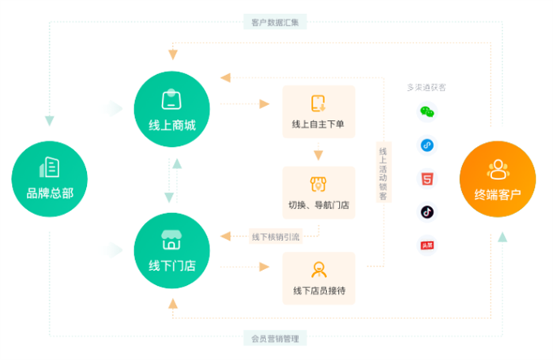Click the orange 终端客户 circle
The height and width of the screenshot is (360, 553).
[x=498, y=178]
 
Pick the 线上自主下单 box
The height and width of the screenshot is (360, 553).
[x=318, y=111]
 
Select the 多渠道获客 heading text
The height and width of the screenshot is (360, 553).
[x=426, y=88]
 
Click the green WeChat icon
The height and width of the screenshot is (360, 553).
[x=427, y=113]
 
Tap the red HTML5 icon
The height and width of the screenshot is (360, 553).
[x=427, y=179]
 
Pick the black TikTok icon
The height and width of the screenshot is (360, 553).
[x=427, y=212]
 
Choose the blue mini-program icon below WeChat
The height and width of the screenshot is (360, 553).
[x=427, y=146]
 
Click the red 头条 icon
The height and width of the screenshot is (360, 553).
[x=427, y=246]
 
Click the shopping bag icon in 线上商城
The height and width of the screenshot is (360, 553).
[x=171, y=99]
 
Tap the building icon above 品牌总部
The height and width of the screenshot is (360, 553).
[x=49, y=167]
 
